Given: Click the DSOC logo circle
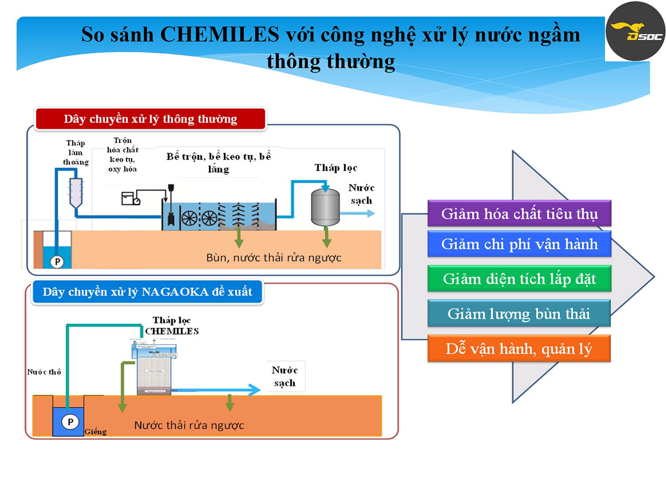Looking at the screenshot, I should pos(635,31).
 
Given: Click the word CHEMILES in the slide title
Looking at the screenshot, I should pos(219,35).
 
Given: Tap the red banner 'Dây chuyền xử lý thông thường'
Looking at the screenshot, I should pos(150,119).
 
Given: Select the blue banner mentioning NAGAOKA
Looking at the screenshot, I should pos(147,292).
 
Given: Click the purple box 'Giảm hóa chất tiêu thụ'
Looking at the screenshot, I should pos(519,214).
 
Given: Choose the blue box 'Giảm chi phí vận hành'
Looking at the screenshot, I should pos(519,244).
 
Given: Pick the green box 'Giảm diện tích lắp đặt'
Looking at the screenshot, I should pos(519,279).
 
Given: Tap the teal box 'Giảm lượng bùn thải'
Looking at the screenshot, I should pos(519,314).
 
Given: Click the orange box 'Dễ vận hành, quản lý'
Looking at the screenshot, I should pos(519,349).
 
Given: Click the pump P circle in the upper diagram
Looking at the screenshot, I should pos(57,262).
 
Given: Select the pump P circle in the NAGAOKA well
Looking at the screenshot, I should pos(70,421).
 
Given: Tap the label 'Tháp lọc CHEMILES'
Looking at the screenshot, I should pos(172,326).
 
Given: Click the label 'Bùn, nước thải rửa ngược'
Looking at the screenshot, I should pos(274,258).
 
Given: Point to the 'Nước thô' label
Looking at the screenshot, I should pos(44,372).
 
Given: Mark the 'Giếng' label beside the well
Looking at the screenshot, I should pos(95,432).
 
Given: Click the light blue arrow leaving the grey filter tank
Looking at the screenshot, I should pos(358,213).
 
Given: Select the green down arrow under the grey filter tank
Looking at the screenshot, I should pos(327,237).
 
